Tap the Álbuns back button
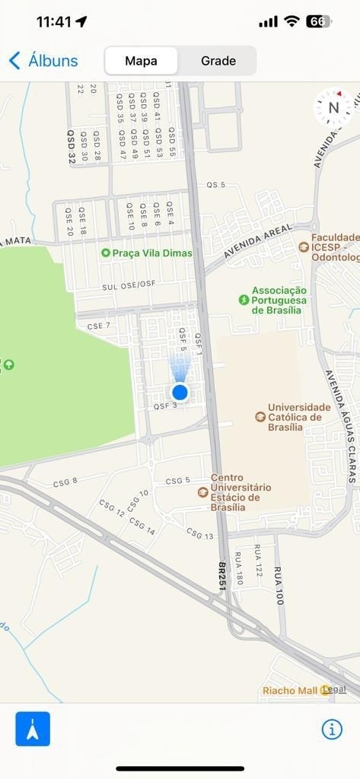(x=43, y=61)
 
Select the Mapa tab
(x=141, y=61)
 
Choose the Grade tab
(x=218, y=61)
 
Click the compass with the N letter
(x=333, y=108)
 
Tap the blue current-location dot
(x=180, y=392)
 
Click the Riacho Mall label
(x=291, y=691)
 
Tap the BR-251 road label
(x=222, y=577)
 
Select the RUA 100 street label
(x=279, y=585)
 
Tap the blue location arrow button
(x=33, y=729)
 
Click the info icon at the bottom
(x=332, y=729)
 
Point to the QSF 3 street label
(x=165, y=406)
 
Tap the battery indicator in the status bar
(x=318, y=22)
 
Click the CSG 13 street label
(x=199, y=534)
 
